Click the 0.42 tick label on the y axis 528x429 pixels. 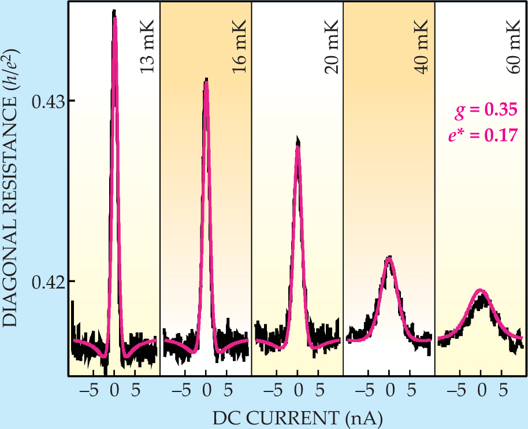48,282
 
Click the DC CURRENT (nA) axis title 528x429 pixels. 296,416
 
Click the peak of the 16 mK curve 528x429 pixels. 206,82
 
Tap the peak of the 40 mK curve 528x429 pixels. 389,258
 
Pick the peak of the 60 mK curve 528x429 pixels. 481,291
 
